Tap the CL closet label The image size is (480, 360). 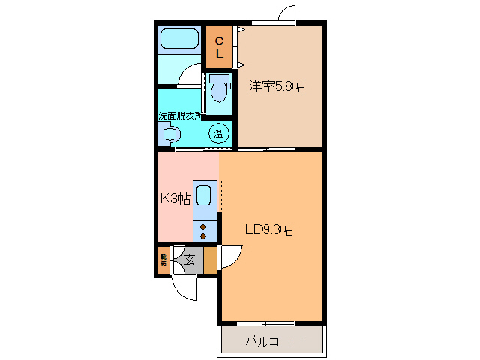point(220,46)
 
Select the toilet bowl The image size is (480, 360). point(219,92)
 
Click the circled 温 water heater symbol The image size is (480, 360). point(219,134)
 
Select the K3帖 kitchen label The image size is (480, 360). point(175,199)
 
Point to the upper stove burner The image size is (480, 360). point(203,226)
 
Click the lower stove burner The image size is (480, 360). point(203,236)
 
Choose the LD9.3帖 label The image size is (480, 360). point(269,229)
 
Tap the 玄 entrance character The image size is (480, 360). point(190,261)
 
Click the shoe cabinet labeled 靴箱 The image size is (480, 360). point(163,260)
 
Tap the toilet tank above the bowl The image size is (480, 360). point(219,78)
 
